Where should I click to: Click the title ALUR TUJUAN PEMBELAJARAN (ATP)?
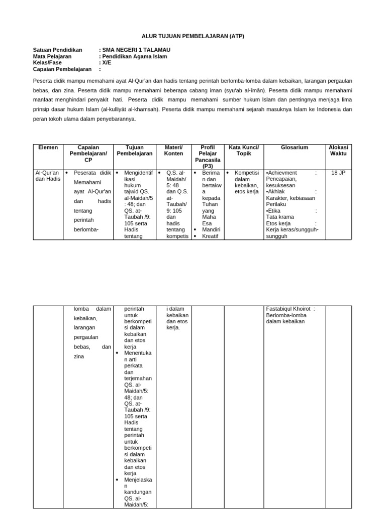tap(192, 37)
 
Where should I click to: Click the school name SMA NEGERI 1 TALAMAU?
tap(136, 50)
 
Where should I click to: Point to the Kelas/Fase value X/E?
tap(107, 63)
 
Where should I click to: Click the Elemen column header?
tap(48, 148)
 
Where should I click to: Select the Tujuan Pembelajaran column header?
tap(134, 151)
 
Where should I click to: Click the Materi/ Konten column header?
tap(173, 151)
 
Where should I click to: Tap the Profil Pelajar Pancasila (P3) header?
tap(208, 157)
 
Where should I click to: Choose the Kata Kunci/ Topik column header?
tap(243, 151)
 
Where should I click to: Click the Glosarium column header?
tap(295, 148)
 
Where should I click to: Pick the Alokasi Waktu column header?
tap(338, 151)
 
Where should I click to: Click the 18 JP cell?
tap(338, 173)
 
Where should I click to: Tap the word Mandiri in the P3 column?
tap(210, 229)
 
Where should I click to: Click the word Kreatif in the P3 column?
tap(210, 236)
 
